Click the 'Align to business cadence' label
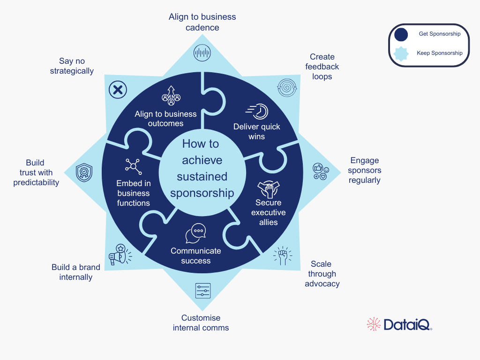point(202,22)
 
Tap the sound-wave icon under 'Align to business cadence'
point(202,52)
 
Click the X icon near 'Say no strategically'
point(118,89)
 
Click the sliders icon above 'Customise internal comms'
point(203,291)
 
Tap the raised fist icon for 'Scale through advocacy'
point(283,256)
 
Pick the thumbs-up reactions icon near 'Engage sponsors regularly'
point(321,171)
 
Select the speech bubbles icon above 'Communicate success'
point(195,233)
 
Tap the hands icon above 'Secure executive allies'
point(269,188)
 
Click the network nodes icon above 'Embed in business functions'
point(133,166)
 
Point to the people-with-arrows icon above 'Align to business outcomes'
point(171,96)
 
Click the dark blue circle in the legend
point(401,35)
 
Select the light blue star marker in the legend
point(401,53)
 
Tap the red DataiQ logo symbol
point(374,324)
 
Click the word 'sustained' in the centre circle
point(202,177)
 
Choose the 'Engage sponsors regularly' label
point(365,171)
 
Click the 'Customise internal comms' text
point(201,323)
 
